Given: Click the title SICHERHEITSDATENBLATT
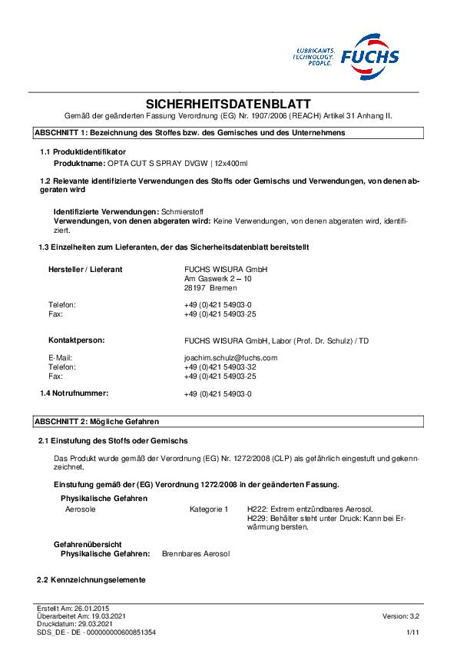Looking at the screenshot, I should click(x=228, y=104).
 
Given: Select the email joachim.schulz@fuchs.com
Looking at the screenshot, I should click(x=230, y=357).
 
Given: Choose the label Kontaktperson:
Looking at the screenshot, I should click(x=77, y=339).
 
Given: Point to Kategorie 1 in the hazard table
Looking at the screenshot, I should click(x=209, y=509).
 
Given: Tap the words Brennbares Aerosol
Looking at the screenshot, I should click(x=196, y=553).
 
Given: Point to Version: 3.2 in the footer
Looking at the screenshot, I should click(x=401, y=616).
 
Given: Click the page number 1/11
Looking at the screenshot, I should click(x=413, y=632).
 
